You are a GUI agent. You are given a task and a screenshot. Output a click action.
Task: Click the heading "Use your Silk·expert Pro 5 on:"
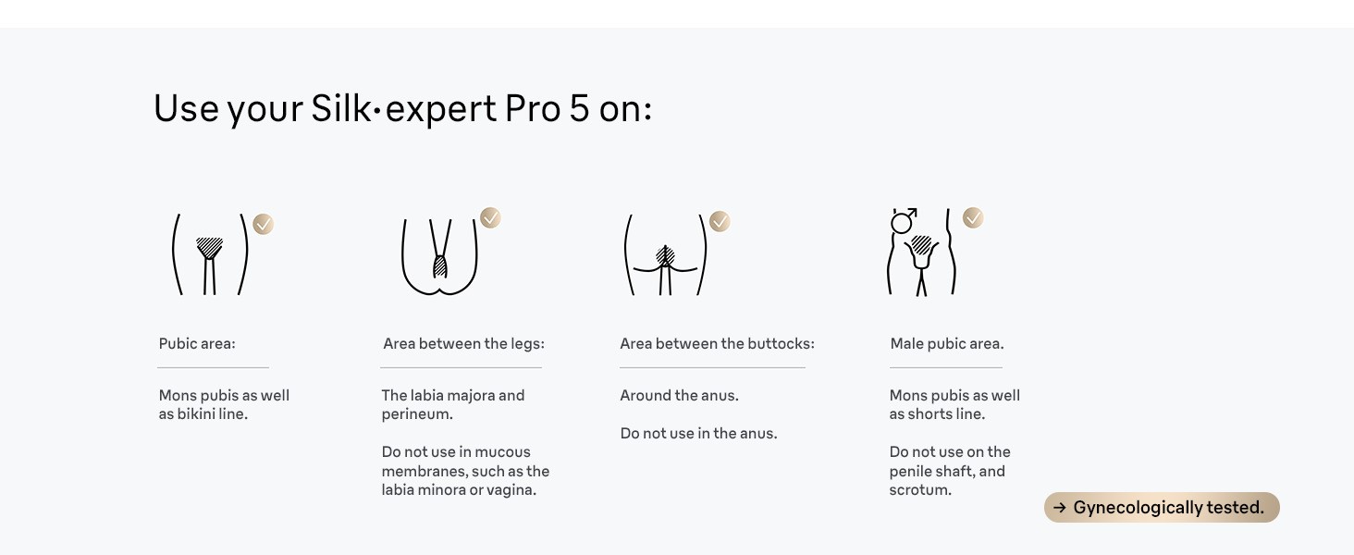402,109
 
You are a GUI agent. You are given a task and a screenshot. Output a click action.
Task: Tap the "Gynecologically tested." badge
1162,508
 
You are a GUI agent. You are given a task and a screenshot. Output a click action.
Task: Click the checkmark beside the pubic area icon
264,224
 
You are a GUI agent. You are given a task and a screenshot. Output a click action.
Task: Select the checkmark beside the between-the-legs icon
490,218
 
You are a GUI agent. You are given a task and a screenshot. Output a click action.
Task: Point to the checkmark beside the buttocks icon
720,222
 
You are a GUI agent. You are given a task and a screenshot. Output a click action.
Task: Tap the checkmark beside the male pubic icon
973,218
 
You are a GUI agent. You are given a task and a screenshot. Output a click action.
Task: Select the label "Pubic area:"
197,344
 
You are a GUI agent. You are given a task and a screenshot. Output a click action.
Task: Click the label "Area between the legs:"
463,344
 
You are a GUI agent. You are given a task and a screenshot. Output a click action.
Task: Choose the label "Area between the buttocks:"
717,344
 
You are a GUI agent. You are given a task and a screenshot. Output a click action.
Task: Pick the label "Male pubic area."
946,344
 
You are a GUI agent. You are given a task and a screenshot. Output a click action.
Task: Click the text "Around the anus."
679,396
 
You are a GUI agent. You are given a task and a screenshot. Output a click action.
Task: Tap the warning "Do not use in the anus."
698,434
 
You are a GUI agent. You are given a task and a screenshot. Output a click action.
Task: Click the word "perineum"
415,414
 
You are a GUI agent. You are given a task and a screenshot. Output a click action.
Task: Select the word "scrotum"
918,490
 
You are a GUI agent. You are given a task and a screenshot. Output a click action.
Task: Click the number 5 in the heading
579,109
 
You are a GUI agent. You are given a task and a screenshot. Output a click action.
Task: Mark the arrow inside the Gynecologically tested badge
1060,508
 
